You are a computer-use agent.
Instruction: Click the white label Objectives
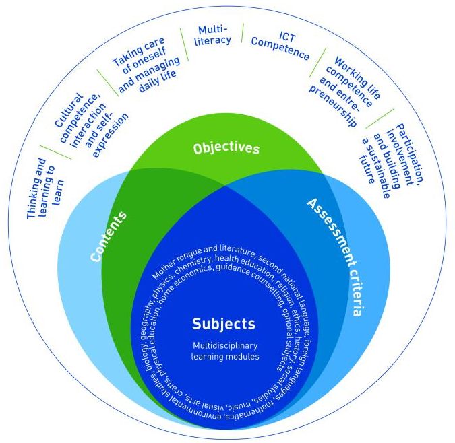226,147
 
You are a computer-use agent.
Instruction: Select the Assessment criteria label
335,257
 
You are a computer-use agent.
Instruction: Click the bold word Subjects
224,324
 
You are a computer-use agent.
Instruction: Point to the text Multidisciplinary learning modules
224,351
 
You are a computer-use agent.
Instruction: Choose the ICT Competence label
280,46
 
